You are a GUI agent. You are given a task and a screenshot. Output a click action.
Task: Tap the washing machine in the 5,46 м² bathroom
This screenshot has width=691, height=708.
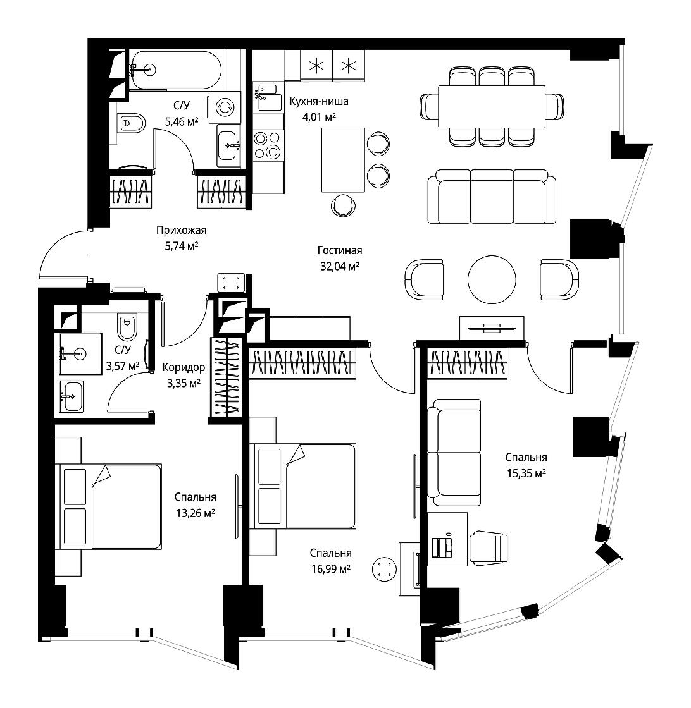click(225, 107)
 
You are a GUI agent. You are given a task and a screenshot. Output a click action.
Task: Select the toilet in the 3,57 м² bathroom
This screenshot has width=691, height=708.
click(127, 327)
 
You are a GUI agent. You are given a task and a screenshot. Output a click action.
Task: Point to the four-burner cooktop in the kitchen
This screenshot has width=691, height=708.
click(268, 145)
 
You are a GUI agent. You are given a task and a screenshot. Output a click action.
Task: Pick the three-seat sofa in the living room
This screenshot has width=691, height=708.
click(492, 197)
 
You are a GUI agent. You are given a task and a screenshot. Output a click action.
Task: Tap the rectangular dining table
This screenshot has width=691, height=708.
click(492, 107)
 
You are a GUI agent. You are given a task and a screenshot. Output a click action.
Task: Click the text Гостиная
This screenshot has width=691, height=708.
click(340, 250)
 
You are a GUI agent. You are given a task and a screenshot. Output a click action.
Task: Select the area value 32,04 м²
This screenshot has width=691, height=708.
click(340, 266)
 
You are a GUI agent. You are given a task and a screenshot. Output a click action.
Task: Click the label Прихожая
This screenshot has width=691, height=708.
click(181, 230)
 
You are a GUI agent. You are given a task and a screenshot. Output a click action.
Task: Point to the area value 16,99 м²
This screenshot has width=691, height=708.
click(331, 569)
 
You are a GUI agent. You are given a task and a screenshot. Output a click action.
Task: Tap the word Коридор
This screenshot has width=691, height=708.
click(184, 367)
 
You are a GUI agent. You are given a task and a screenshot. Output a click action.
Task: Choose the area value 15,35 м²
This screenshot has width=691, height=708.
click(526, 473)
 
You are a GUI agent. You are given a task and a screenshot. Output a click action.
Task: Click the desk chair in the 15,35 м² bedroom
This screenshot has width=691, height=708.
click(488, 547)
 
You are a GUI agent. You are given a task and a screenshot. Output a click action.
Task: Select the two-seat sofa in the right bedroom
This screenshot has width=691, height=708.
click(454, 453)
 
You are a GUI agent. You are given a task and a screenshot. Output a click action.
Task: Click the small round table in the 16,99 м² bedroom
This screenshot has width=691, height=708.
click(384, 569)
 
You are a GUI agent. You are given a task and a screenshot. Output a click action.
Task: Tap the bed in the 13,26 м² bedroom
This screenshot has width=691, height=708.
click(111, 506)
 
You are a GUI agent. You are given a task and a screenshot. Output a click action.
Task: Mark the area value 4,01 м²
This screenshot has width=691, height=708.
click(319, 118)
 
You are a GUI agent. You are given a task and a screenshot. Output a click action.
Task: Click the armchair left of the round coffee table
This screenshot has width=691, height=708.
click(424, 279)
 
